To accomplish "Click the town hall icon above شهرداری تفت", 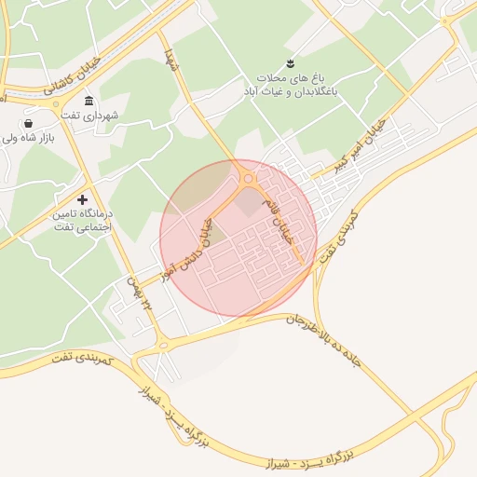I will click(89, 101).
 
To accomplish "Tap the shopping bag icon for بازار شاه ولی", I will click(30, 123).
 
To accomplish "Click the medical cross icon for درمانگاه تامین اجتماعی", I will click(83, 198).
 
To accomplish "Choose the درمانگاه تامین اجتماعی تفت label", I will click(83, 220).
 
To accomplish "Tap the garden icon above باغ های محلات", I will click(292, 62).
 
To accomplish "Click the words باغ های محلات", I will click(292, 77).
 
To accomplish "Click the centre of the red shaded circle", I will click(238, 238).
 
